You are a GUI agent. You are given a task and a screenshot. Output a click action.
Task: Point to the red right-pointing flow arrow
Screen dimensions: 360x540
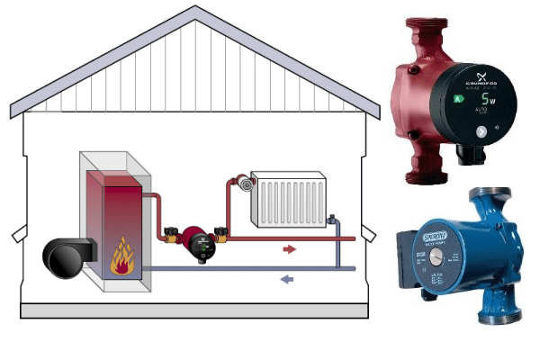[x=290, y=247]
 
